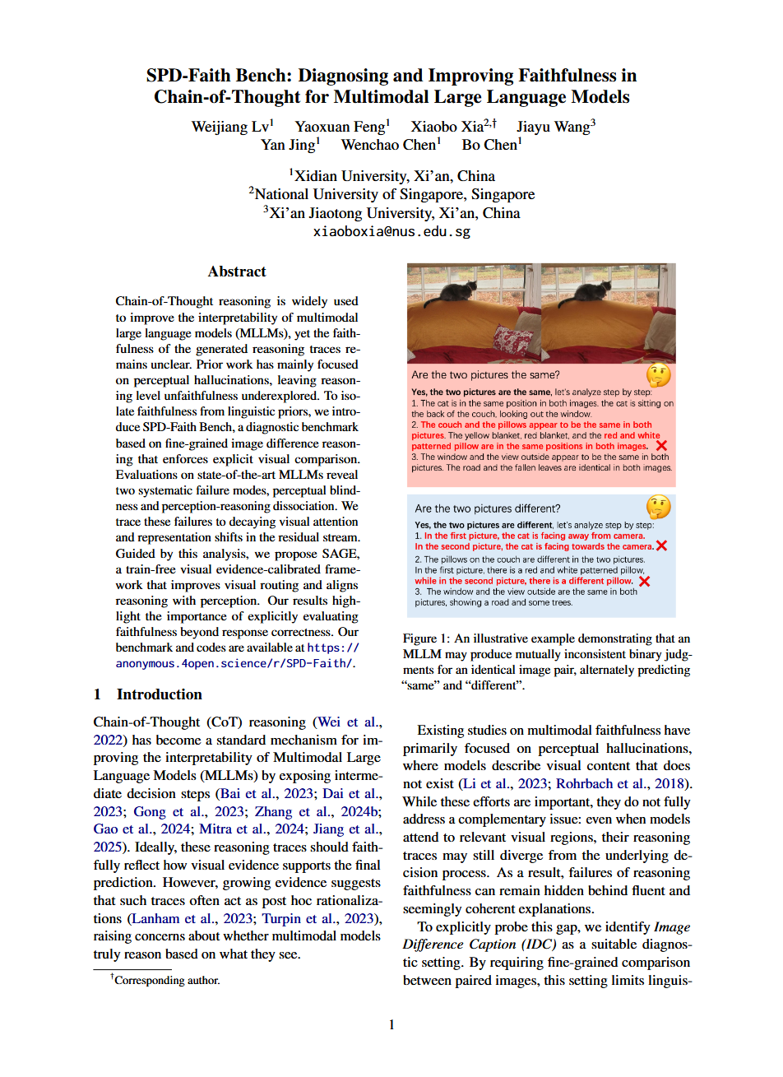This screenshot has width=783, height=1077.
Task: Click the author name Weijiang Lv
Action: click(x=230, y=127)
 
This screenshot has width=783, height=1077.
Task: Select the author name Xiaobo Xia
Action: click(x=447, y=127)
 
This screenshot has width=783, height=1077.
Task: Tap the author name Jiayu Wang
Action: click(x=554, y=127)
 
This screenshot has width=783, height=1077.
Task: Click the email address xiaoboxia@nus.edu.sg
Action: click(x=391, y=231)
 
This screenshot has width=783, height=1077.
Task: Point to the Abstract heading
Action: click(x=237, y=272)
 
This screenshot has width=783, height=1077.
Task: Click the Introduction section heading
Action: click(x=159, y=694)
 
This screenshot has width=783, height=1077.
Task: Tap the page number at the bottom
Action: click(x=391, y=1024)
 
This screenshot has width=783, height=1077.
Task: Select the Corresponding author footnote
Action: click(x=167, y=980)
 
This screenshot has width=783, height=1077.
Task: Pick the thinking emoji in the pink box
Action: click(x=659, y=375)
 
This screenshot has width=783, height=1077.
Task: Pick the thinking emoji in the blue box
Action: click(x=659, y=507)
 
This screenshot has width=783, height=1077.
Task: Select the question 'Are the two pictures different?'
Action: click(x=487, y=508)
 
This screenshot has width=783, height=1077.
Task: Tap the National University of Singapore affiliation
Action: click(x=391, y=194)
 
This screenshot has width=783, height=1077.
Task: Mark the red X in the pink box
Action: click(x=661, y=446)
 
